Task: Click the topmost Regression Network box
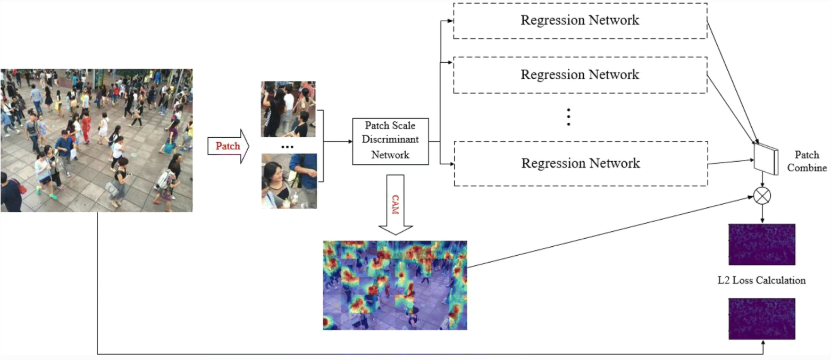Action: pos(580,20)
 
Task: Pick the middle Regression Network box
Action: pos(580,74)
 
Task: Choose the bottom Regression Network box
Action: pos(580,163)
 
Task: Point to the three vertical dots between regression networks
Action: pos(568,118)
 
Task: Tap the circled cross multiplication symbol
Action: pos(762,196)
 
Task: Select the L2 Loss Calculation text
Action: pos(761,280)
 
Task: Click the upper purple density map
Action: pos(761,245)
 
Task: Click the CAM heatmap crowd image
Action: pos(394,285)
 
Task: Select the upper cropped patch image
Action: pos(289,109)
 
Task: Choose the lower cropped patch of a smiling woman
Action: pos(289,181)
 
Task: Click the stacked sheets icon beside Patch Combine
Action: pos(766,157)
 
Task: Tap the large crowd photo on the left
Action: pos(96,140)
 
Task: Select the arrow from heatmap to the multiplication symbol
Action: pos(611,232)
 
